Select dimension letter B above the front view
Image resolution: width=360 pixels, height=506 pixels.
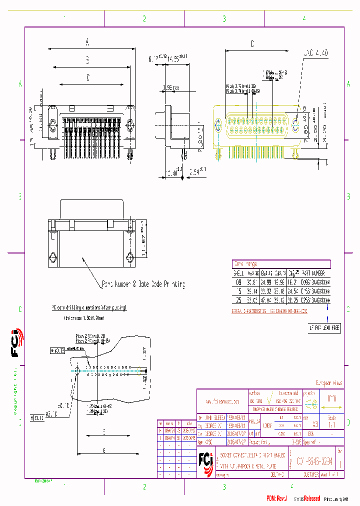[87, 60]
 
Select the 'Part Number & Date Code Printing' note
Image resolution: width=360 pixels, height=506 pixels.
[143, 284]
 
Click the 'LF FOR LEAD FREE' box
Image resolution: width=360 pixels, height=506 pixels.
[324, 328]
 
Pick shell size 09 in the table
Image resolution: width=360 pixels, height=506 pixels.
[237, 282]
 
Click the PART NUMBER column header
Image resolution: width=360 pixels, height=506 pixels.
[314, 273]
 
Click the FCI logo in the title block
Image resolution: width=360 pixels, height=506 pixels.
[204, 458]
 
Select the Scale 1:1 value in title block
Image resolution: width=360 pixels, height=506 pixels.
[331, 422]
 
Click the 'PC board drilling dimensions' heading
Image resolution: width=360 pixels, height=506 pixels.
[89, 307]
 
